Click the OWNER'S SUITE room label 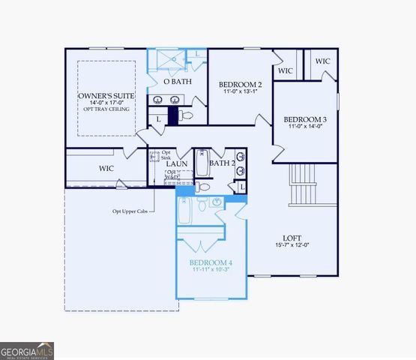coord(106,97)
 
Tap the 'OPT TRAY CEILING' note coord(106,109)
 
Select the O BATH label coord(178,81)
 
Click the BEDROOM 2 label coord(240,84)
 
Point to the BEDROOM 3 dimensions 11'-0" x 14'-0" coord(305,127)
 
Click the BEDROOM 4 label coord(211,262)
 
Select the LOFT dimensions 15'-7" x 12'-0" coord(292,245)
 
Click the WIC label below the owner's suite coord(106,169)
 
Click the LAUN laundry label coord(177,163)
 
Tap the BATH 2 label coord(223,163)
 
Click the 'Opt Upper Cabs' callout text coord(130,211)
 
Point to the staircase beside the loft coord(306,184)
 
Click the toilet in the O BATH coord(186,116)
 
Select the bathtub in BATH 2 coord(202,163)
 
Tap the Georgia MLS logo coord(27,350)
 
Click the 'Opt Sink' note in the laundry coord(166,156)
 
